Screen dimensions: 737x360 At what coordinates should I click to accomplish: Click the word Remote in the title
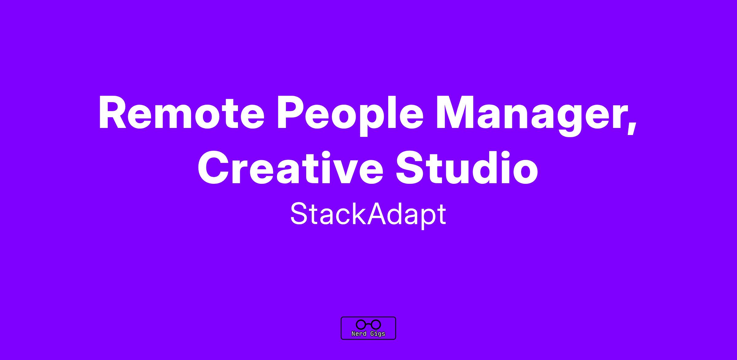pos(181,113)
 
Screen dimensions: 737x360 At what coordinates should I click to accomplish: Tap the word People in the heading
pos(350,115)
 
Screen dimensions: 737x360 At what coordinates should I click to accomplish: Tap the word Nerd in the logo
pos(359,334)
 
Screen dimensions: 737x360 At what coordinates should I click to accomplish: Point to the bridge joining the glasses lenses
pos(368,324)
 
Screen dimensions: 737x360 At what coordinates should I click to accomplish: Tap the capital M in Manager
pos(455,113)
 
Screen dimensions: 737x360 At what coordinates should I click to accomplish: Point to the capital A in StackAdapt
pos(379,214)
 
